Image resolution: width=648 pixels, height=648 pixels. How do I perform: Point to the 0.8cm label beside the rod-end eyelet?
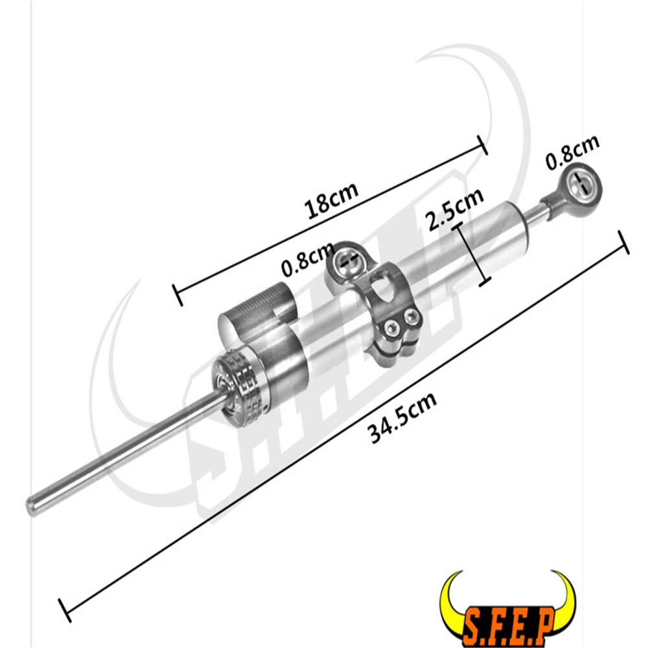572,153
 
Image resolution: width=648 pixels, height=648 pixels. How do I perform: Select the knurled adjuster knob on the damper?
240,379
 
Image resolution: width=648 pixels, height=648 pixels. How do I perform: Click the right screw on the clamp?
410,318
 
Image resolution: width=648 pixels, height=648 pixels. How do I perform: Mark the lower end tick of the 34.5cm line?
65,610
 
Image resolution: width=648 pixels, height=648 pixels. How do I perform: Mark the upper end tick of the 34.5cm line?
625,242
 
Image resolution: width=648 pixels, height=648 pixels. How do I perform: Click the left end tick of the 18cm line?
177,294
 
